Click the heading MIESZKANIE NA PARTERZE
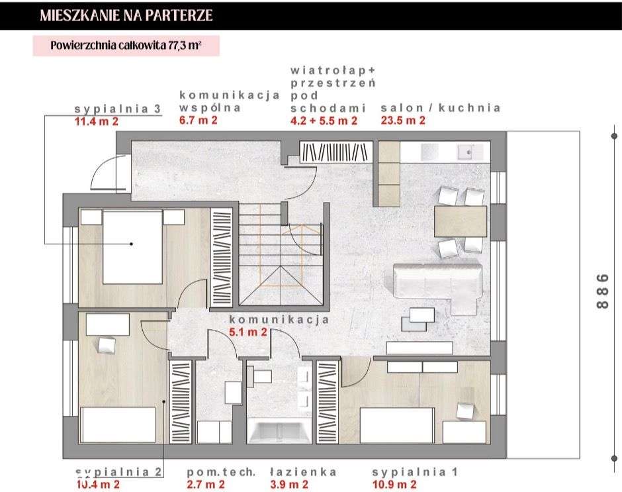pos(126,16)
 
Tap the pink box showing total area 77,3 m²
pos(126,46)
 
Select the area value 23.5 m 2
pos(402,121)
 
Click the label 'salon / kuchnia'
pos(440,108)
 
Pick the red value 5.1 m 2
pos(247,332)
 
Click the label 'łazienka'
pos(303,472)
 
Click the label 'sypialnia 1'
pos(415,472)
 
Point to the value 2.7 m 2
pos(206,485)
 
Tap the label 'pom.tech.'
pos(220,472)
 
